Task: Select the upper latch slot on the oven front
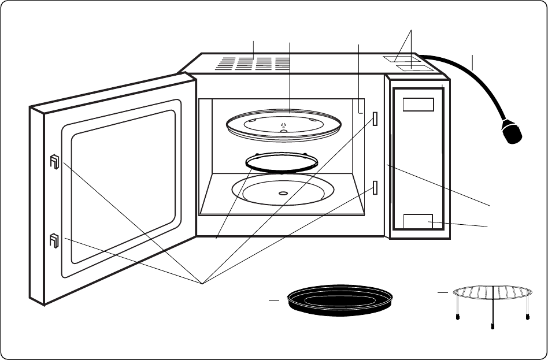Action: [x=375, y=119]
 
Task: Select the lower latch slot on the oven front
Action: [x=375, y=188]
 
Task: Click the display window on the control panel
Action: [x=418, y=105]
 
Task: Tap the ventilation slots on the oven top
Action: [x=253, y=64]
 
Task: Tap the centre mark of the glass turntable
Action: [x=283, y=125]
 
